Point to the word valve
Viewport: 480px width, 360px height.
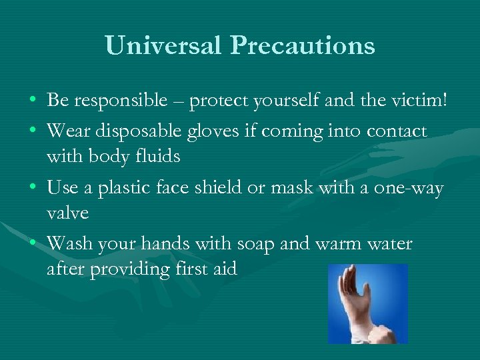click(x=67, y=213)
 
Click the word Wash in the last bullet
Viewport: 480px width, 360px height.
click(x=71, y=244)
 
